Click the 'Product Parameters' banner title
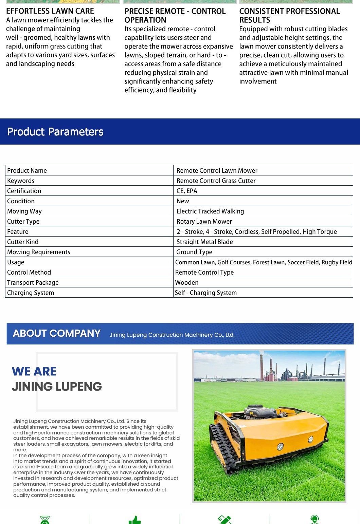[55, 132]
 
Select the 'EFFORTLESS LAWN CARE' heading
[50, 11]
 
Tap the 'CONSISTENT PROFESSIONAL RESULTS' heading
[289, 16]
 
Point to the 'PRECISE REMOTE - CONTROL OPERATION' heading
[175, 16]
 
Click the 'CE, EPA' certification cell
[187, 191]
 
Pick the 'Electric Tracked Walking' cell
[210, 211]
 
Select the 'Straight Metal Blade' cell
[205, 242]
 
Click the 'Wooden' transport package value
[187, 283]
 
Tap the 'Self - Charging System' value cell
[206, 293]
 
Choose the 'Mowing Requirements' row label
[39, 252]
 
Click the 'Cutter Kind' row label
[23, 242]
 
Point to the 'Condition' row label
[21, 201]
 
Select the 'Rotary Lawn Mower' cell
[204, 222]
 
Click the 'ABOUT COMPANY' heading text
[57, 334]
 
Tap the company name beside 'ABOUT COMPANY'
[172, 335]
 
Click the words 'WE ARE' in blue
[34, 371]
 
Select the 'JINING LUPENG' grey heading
[57, 387]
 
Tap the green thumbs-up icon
[135, 520]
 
